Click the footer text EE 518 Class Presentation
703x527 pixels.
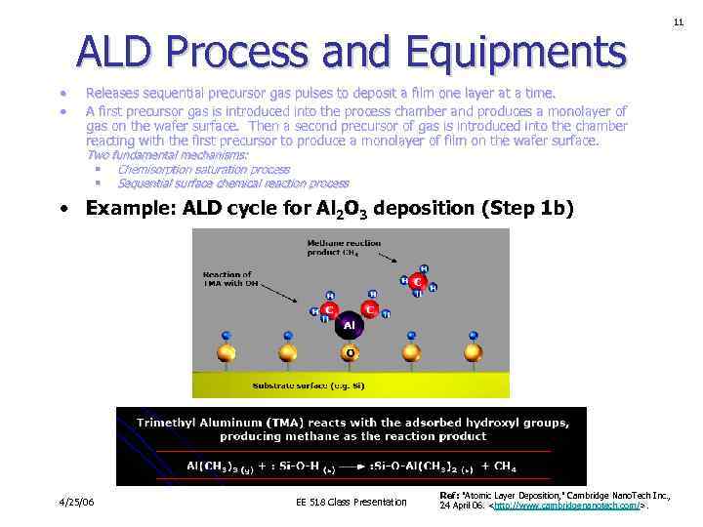tap(351, 503)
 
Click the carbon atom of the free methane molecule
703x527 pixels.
tap(417, 281)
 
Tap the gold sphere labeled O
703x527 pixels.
tap(350, 351)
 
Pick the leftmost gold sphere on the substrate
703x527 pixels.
tap(226, 351)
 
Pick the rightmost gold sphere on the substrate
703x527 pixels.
tap(474, 351)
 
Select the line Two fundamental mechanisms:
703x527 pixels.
tap(167, 155)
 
